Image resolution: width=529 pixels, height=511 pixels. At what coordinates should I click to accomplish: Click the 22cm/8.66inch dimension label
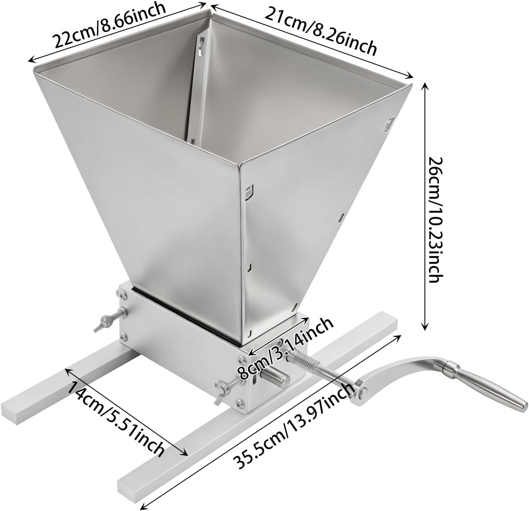click(x=109, y=25)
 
